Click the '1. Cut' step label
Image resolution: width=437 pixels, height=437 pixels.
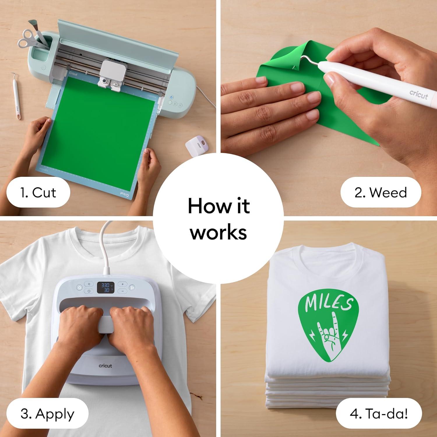[38, 193]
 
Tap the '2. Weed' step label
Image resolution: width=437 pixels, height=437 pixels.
[381, 193]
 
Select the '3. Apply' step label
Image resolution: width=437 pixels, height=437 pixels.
[47, 414]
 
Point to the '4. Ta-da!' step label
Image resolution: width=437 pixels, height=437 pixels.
[379, 414]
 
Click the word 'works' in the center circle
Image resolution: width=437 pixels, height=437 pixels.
[218, 232]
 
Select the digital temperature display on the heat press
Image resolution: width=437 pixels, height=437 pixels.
[105, 287]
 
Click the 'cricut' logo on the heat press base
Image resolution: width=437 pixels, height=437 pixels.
[105, 366]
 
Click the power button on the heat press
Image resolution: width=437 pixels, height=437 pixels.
[79, 288]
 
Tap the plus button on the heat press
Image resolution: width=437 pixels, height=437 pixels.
[123, 284]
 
